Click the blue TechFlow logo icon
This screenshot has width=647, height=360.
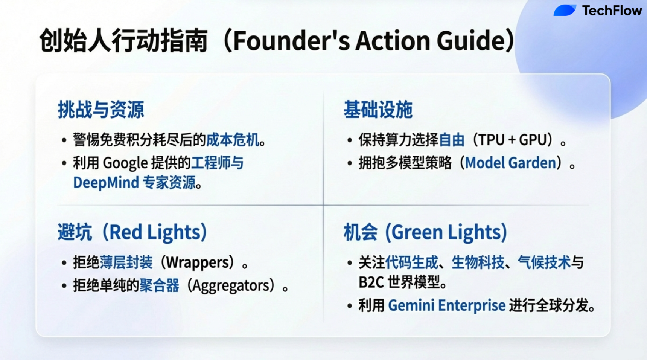(565, 10)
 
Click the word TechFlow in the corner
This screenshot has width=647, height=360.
(612, 11)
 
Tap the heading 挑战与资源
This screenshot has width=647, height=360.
(101, 110)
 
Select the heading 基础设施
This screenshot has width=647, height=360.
(378, 110)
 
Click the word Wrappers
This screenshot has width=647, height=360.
(200, 262)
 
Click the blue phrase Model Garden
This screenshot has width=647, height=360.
(511, 163)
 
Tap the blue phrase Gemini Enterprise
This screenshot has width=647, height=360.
(447, 305)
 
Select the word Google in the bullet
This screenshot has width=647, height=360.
(125, 163)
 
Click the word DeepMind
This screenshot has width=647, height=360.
(106, 183)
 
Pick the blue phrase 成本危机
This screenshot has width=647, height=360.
(233, 140)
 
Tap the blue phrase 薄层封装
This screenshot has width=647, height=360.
(126, 262)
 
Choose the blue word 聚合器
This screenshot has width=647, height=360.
(159, 286)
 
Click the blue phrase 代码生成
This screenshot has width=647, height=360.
(412, 262)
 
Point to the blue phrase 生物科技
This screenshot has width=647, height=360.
(478, 262)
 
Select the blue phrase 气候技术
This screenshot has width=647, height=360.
(544, 262)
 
